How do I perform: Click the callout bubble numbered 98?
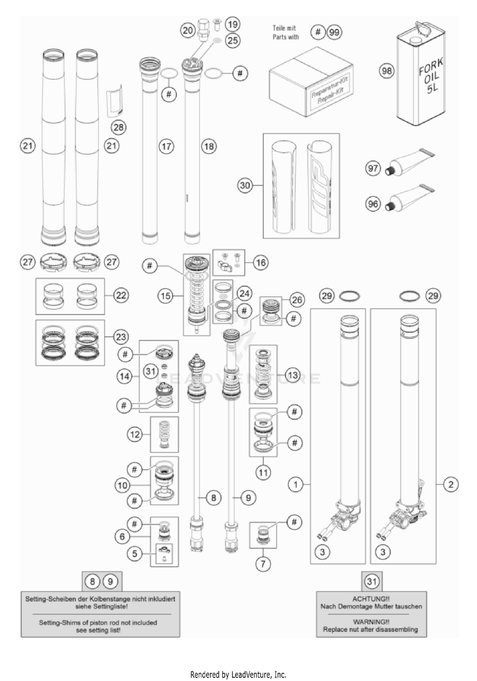tap(387, 71)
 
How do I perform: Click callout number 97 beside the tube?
tap(373, 168)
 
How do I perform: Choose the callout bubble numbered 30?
tap(245, 185)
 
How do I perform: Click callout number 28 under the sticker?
tap(118, 127)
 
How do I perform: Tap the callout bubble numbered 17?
tap(166, 146)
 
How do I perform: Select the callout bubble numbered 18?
tap(209, 146)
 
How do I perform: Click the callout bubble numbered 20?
tap(188, 31)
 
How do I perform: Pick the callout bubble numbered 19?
tap(233, 24)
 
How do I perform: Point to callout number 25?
tap(233, 40)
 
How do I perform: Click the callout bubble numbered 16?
tap(261, 262)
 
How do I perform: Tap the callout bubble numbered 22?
tap(121, 296)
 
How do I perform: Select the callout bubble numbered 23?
tap(121, 337)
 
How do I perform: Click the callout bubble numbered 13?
tap(293, 375)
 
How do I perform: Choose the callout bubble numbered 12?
tap(135, 434)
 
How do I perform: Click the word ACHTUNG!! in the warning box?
tap(371, 599)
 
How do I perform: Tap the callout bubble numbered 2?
tap(451, 485)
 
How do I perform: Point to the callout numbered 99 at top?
tap(334, 32)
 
